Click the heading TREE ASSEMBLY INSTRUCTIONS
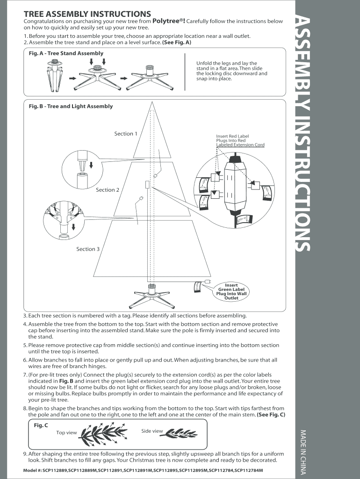pyautogui.click(x=87, y=14)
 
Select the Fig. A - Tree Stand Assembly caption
pyautogui.click(x=66, y=53)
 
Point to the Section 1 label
pyautogui.click(x=126, y=134)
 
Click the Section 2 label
pyautogui.click(x=108, y=190)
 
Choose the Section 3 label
pyautogui.click(x=88, y=249)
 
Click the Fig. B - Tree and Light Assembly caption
pyautogui.click(x=71, y=106)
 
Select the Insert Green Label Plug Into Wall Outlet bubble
pyautogui.click(x=231, y=291)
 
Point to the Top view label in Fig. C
pyautogui.click(x=66, y=433)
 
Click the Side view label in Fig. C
pyautogui.click(x=152, y=431)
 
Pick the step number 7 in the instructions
pyautogui.click(x=25, y=375)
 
